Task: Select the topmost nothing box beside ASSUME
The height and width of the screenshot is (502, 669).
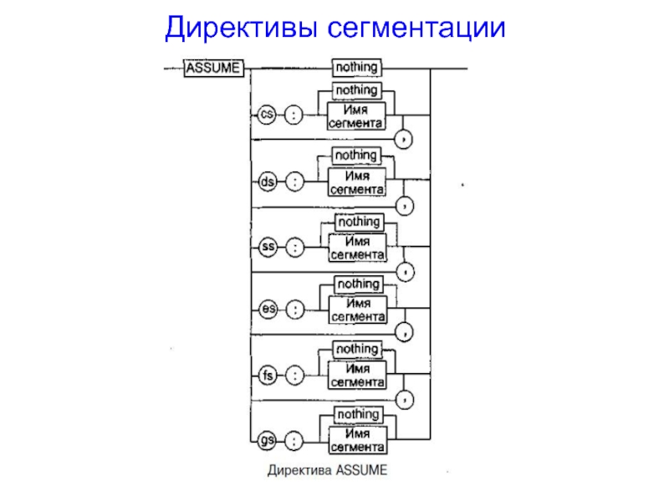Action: (x=356, y=66)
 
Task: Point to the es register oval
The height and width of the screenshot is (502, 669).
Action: (x=268, y=310)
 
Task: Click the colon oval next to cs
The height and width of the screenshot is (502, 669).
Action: (x=294, y=116)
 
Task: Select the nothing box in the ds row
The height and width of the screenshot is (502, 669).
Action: (x=355, y=156)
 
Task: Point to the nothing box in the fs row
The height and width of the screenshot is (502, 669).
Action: (x=357, y=349)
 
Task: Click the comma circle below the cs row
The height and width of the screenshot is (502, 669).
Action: (x=406, y=137)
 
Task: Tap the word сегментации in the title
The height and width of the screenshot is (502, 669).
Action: (x=416, y=28)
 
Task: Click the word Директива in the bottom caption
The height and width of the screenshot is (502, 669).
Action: (x=299, y=470)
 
